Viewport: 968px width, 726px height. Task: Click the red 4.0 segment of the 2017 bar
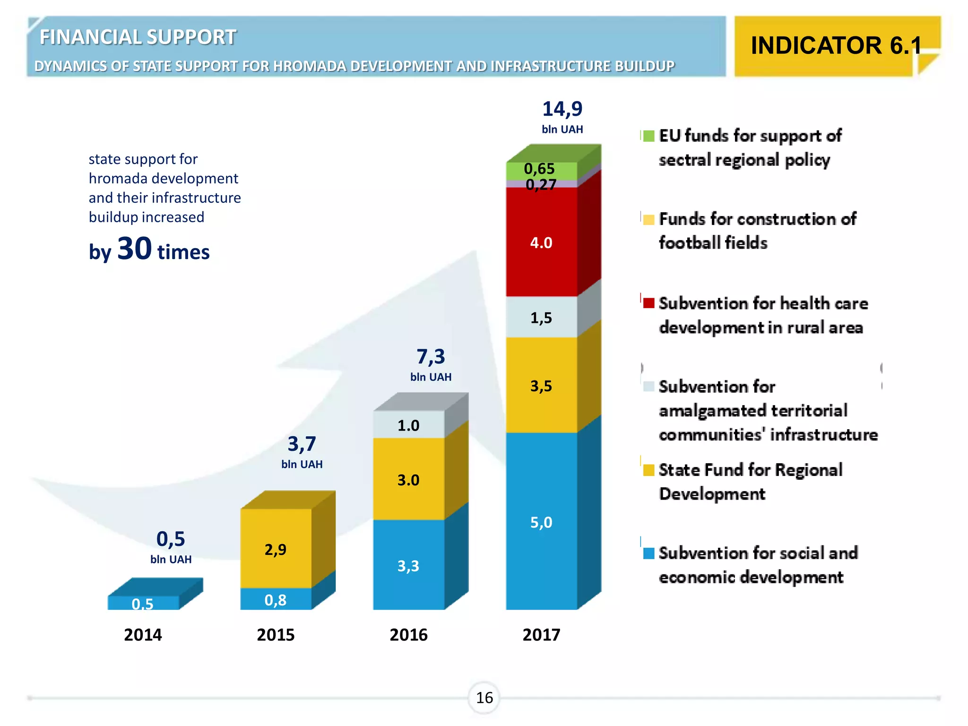(x=541, y=242)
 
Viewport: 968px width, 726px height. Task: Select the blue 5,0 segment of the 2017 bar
(x=541, y=522)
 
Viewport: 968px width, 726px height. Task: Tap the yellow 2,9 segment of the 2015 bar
(x=276, y=549)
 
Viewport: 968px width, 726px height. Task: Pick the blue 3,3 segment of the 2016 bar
(x=408, y=565)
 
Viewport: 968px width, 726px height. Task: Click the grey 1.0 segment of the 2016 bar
(x=408, y=425)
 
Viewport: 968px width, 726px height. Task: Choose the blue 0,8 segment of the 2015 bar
(x=276, y=599)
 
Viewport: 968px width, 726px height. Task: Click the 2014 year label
(x=143, y=634)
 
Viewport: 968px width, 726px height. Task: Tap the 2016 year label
(x=408, y=634)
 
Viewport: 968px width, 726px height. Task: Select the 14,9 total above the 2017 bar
(x=562, y=109)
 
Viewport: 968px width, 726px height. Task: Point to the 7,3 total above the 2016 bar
(x=431, y=356)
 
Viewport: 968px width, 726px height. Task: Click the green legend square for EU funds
(x=648, y=136)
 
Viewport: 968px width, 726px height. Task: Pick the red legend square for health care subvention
(x=648, y=303)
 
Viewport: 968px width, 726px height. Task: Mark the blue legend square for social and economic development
(x=648, y=553)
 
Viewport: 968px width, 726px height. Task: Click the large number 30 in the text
(x=135, y=248)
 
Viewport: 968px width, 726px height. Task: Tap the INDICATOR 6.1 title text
(x=836, y=46)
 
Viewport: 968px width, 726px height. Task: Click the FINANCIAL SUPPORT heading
(x=138, y=37)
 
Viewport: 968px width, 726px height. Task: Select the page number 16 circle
(x=484, y=698)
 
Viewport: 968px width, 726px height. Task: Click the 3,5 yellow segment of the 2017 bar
(x=541, y=386)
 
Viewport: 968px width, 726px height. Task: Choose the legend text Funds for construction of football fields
(x=758, y=231)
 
